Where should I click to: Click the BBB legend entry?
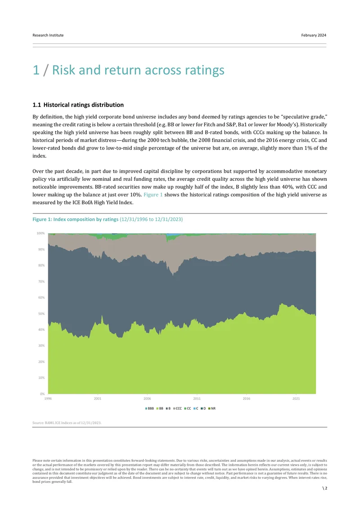149,409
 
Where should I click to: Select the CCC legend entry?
177,409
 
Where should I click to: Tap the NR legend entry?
212,409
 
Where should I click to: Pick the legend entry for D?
203,409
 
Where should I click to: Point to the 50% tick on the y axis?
41,314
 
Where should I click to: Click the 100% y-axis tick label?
40,233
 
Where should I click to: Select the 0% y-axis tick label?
42,394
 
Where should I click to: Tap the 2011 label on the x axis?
197,398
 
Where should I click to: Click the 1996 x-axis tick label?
48,398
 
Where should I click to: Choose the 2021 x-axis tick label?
296,398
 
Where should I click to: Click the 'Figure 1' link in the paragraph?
153,195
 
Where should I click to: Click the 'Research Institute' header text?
48,35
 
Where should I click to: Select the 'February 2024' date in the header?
314,35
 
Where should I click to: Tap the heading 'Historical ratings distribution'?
84,105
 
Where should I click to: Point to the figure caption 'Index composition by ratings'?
86,219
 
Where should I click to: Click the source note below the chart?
67,423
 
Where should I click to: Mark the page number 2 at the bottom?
326,488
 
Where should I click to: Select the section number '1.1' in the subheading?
36,105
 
